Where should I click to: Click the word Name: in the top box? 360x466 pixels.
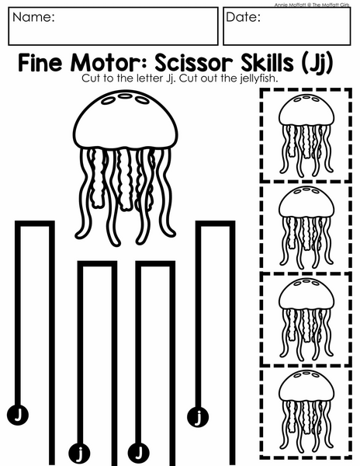click(x=33, y=17)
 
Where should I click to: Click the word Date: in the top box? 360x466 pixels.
click(x=243, y=17)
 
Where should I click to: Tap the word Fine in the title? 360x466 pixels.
click(x=40, y=63)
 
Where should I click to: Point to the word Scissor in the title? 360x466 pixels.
click(x=194, y=63)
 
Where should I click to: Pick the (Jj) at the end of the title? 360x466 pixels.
click(x=317, y=64)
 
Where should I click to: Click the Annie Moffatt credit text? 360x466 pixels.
click(x=312, y=5)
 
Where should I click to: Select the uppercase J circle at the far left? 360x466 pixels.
click(x=18, y=414)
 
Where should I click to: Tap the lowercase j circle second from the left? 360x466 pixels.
click(x=79, y=454)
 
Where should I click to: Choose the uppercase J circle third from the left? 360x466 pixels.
click(x=138, y=454)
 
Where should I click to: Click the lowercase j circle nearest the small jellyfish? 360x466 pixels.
click(x=198, y=416)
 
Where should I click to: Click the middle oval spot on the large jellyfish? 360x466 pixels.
click(x=125, y=96)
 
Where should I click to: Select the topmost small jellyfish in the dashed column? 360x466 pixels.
click(x=306, y=134)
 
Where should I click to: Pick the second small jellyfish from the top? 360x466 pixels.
click(x=306, y=227)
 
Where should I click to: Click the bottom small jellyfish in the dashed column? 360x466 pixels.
click(x=306, y=410)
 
